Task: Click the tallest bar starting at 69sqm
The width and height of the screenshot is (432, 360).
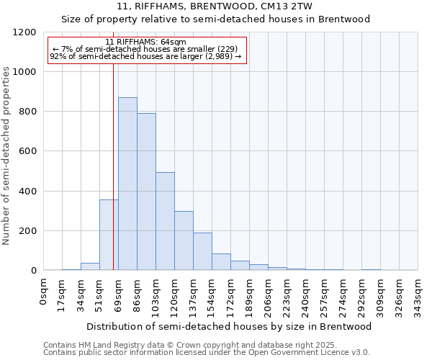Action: [x=127, y=184]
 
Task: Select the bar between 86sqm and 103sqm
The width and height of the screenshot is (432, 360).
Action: [x=146, y=192]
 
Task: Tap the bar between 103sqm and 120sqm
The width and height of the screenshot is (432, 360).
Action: [x=165, y=221]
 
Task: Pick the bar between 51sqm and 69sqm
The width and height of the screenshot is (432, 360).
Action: [x=109, y=235]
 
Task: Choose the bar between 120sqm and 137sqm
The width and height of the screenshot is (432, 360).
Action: [x=184, y=240]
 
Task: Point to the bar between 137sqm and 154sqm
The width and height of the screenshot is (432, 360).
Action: [x=202, y=251]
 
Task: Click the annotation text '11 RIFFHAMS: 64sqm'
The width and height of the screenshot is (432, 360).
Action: [x=145, y=42]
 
